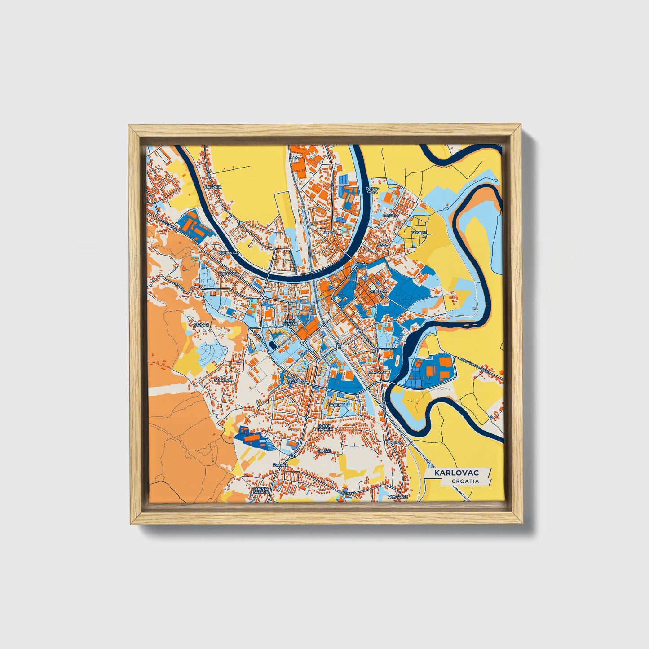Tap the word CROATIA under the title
pyautogui.click(x=465, y=481)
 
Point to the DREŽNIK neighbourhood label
pyautogui.click(x=212, y=186)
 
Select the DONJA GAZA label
pyautogui.click(x=372, y=190)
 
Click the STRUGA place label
pyautogui.click(x=390, y=216)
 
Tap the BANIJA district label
pyautogui.click(x=329, y=233)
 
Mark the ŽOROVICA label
pyautogui.click(x=229, y=253)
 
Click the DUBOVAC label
pyautogui.click(x=227, y=273)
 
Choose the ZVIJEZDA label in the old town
pyautogui.click(x=377, y=291)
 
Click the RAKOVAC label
pyautogui.click(x=376, y=372)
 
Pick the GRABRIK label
pyautogui.click(x=336, y=405)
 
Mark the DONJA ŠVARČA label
pyautogui.click(x=325, y=427)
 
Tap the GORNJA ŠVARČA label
pyautogui.click(x=261, y=490)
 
